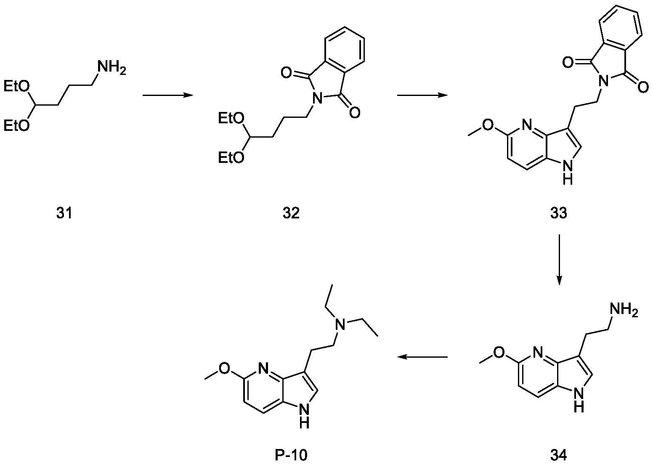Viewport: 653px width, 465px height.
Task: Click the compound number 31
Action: pos(64,213)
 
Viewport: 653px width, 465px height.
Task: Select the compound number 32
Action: pos(291,213)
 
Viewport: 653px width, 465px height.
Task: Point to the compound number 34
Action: pos(558,454)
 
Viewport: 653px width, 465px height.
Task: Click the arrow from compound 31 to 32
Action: pos(167,96)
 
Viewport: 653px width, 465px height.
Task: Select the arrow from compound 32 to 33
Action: pos(422,96)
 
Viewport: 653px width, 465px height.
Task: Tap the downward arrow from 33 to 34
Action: pos(559,260)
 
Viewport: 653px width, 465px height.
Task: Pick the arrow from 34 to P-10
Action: pos(422,357)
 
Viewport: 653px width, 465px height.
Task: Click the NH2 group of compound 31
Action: pos(110,67)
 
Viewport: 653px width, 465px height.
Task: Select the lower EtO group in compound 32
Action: pos(231,158)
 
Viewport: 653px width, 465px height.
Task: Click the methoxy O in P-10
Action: pos(226,368)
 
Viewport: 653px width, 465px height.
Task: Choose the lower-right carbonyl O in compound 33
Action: pos(642,88)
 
